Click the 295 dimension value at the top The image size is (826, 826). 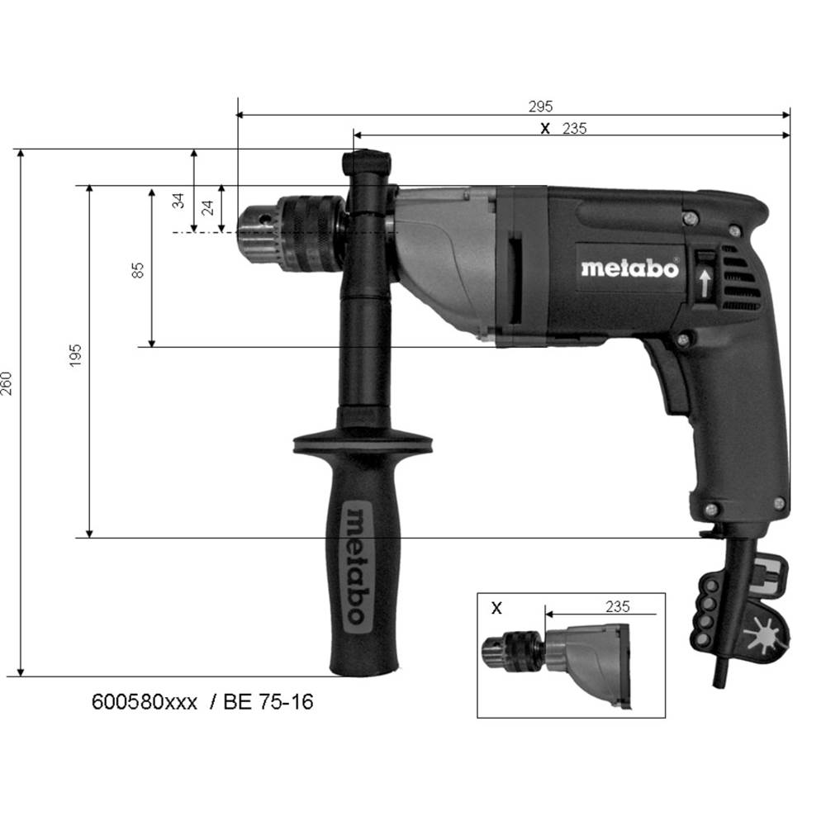(540, 107)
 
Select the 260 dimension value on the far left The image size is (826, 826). (7, 383)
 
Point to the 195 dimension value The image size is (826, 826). (76, 355)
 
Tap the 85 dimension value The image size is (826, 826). (137, 270)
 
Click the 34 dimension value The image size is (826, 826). (179, 201)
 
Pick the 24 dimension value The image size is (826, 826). (208, 207)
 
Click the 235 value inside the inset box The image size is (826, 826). (617, 607)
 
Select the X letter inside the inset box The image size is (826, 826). (496, 609)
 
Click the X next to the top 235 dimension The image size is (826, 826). (545, 129)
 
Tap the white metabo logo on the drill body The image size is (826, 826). (630, 268)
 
